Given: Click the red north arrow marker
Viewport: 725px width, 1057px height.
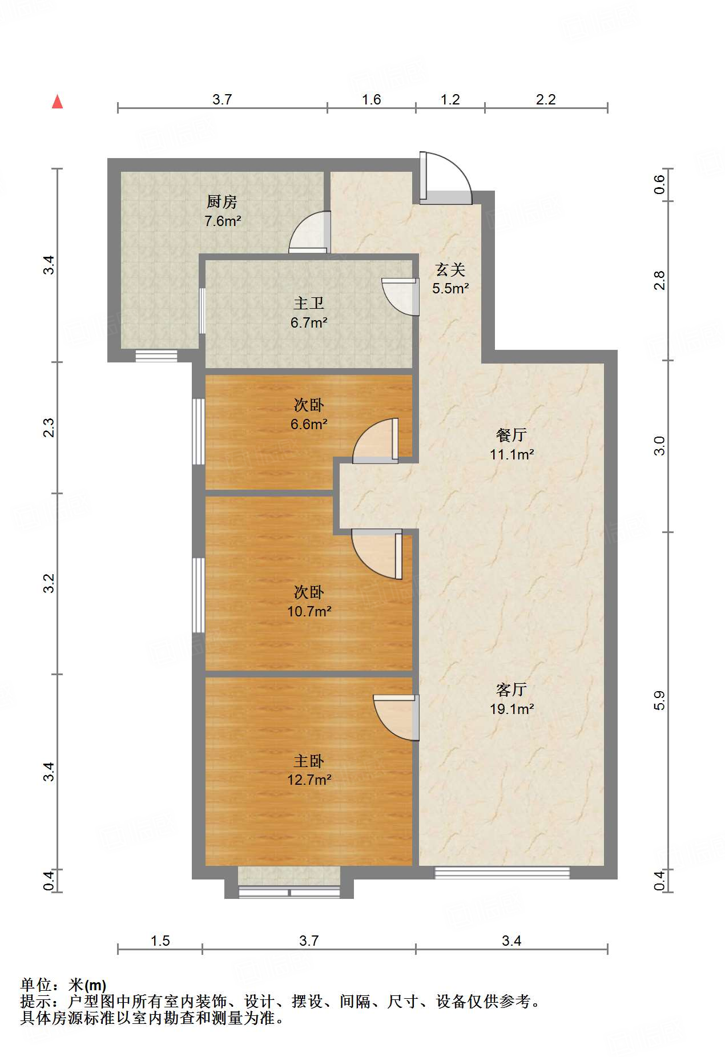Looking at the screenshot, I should point(57,102).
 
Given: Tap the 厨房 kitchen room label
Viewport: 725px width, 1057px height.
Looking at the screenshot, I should point(221,201).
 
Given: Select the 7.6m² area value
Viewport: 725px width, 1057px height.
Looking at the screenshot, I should point(223,221).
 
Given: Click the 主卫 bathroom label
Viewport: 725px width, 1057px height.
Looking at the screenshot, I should point(308,303).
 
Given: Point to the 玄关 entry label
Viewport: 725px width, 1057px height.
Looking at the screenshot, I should point(450,269).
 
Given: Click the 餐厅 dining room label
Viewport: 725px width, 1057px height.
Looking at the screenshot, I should point(511,435).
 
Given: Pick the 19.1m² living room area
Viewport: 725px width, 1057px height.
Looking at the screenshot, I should point(511,709).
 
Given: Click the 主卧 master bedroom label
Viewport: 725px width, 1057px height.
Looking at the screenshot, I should point(308,761).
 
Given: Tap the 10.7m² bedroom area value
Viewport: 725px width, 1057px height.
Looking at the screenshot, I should point(309,611).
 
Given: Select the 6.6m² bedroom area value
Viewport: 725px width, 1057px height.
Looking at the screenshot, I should point(309,424).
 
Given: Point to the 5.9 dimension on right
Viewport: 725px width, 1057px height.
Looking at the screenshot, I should point(659,700).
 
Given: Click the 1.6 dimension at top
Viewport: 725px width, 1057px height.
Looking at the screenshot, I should point(371,99).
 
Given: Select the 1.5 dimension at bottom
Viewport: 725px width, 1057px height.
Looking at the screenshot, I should point(160,941).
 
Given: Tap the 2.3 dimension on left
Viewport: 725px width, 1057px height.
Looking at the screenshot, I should point(49,427).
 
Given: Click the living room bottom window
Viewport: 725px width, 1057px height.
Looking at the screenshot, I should point(502,873).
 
